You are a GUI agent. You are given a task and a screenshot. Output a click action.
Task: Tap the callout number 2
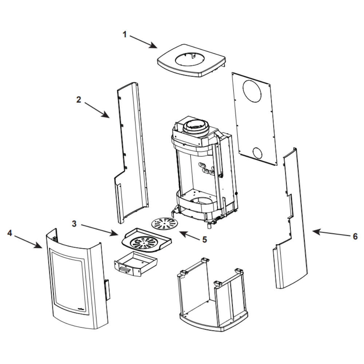click(x=79, y=99)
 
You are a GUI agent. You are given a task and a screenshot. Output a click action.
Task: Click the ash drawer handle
click(x=124, y=269)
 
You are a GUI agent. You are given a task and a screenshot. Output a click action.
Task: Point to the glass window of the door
click(x=69, y=279)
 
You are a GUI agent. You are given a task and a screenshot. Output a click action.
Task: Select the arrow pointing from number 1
click(x=143, y=41)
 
